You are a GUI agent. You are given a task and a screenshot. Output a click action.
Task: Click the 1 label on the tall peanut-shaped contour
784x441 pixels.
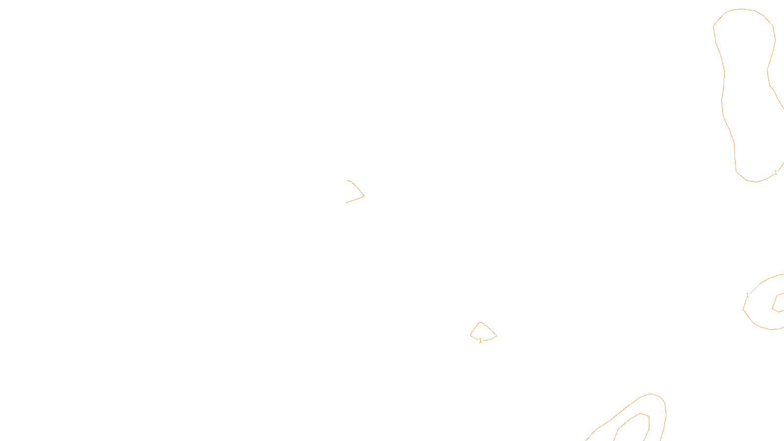[776, 172]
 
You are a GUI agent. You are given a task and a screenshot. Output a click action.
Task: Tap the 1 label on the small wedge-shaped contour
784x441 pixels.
[480, 341]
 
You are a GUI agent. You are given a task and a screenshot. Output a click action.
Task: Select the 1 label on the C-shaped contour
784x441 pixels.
[747, 295]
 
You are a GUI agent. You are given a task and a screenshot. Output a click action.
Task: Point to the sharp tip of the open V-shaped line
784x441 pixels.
[364, 196]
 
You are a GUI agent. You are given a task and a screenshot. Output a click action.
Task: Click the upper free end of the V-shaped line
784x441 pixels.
[347, 181]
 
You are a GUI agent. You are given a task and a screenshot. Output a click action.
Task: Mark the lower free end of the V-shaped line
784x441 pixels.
[346, 202]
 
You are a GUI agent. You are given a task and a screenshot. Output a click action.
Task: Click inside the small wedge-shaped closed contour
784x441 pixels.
[482, 332]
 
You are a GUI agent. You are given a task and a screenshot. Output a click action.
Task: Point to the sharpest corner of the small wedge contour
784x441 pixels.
[496, 336]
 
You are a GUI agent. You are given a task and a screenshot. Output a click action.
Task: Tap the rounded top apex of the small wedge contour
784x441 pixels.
[481, 322]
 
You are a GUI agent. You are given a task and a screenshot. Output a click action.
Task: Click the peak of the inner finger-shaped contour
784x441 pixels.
[641, 414]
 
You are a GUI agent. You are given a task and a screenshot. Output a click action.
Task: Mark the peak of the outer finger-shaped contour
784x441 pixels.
[651, 394]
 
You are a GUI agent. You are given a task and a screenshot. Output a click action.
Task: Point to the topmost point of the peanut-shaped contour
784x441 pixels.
[743, 9]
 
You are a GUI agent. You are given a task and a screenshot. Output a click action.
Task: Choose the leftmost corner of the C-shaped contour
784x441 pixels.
[743, 309]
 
